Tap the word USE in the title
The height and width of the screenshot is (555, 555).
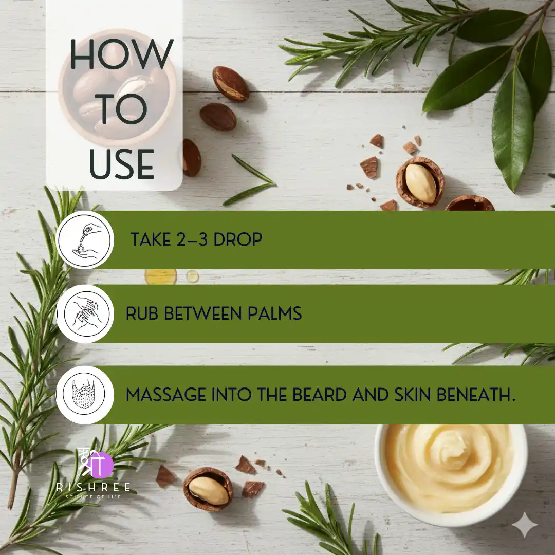[121, 164]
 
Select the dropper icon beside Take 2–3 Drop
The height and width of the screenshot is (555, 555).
[85, 240]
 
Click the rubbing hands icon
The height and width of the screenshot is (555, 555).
[85, 313]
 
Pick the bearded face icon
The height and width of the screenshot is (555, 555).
[85, 395]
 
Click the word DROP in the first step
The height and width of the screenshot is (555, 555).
[238, 239]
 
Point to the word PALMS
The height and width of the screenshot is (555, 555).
[274, 313]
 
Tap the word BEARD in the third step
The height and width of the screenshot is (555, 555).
[319, 395]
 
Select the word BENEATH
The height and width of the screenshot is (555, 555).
[476, 395]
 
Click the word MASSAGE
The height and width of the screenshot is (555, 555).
[166, 395]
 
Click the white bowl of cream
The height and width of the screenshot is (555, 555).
[451, 474]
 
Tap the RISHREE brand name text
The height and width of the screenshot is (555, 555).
[94, 487]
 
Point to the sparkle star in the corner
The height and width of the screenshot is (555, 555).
[525, 525]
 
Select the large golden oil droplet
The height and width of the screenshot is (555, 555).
[161, 276]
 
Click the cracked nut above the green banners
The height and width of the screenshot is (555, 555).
[420, 182]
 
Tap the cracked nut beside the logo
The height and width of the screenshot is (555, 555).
[208, 489]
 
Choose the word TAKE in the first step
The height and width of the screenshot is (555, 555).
[151, 239]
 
